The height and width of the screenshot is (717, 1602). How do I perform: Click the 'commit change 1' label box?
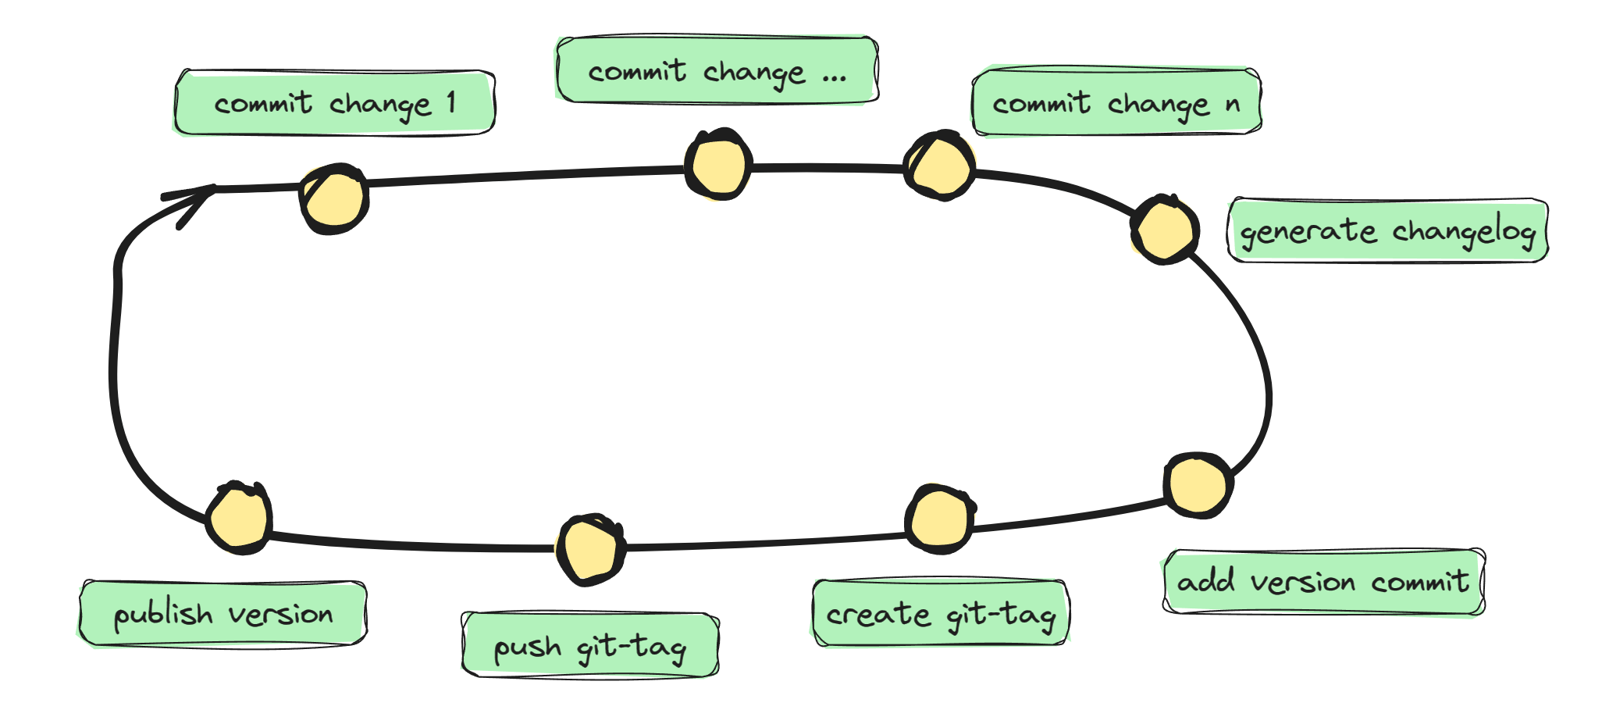(x=334, y=103)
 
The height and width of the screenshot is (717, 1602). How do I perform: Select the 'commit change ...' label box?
(x=717, y=70)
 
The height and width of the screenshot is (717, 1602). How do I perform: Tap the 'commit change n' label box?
(x=1116, y=102)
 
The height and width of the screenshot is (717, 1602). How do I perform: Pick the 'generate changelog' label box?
(x=1387, y=231)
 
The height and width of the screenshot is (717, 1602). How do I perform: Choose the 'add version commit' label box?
(x=1323, y=582)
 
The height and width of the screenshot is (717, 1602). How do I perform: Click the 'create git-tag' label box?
(x=941, y=614)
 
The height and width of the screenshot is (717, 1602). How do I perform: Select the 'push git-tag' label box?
(x=590, y=646)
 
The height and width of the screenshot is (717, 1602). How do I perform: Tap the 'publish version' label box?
(x=223, y=614)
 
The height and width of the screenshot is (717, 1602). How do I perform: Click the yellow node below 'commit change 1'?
(x=334, y=198)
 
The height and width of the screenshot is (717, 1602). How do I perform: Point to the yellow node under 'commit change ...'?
(x=718, y=165)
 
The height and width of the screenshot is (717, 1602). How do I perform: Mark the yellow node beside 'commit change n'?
(x=940, y=166)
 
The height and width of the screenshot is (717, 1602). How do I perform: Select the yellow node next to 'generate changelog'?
(x=1164, y=230)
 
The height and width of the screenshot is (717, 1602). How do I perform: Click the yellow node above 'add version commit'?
(x=1198, y=484)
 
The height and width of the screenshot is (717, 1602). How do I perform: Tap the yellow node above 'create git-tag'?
(x=940, y=519)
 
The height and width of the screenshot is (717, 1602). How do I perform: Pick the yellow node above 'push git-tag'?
(x=590, y=549)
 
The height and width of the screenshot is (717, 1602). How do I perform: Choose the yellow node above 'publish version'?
(x=239, y=518)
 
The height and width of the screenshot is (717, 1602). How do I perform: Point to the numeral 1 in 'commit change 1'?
(x=451, y=102)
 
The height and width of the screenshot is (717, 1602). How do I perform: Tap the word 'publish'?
(x=163, y=615)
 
